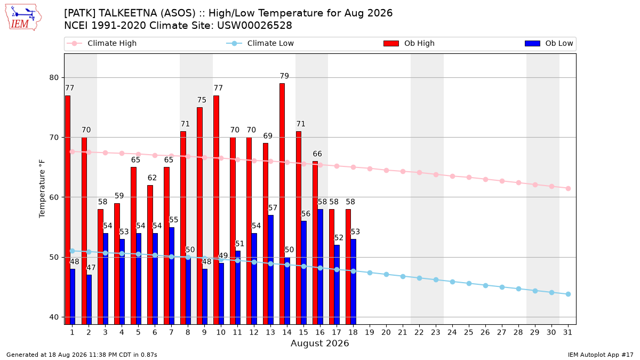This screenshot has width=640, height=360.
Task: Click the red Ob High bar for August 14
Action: [282, 204]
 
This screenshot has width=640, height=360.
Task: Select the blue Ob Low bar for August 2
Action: [89, 299]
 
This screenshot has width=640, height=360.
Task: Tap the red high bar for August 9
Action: [199, 215]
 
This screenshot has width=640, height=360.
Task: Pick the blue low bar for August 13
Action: [270, 270]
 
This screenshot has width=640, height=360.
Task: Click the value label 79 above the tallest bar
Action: [284, 76]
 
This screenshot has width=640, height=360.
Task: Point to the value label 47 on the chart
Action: [91, 268]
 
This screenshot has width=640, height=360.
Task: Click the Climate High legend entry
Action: [102, 43]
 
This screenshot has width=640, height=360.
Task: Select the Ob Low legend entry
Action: [549, 43]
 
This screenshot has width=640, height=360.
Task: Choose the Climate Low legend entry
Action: [260, 43]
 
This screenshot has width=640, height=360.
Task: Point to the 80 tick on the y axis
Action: [54, 78]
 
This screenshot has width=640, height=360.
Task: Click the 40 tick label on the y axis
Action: [54, 317]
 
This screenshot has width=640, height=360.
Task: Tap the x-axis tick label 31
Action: [567, 332]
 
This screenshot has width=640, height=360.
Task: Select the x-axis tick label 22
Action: [419, 332]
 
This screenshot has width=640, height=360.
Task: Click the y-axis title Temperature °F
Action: [42, 189]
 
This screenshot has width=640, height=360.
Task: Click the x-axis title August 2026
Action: [319, 343]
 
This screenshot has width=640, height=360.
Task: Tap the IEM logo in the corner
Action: [23, 18]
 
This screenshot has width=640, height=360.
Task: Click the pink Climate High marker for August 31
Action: [568, 189]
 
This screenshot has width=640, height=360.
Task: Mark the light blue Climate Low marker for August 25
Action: [469, 283]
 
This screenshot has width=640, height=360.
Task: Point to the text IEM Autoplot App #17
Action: [601, 355]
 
